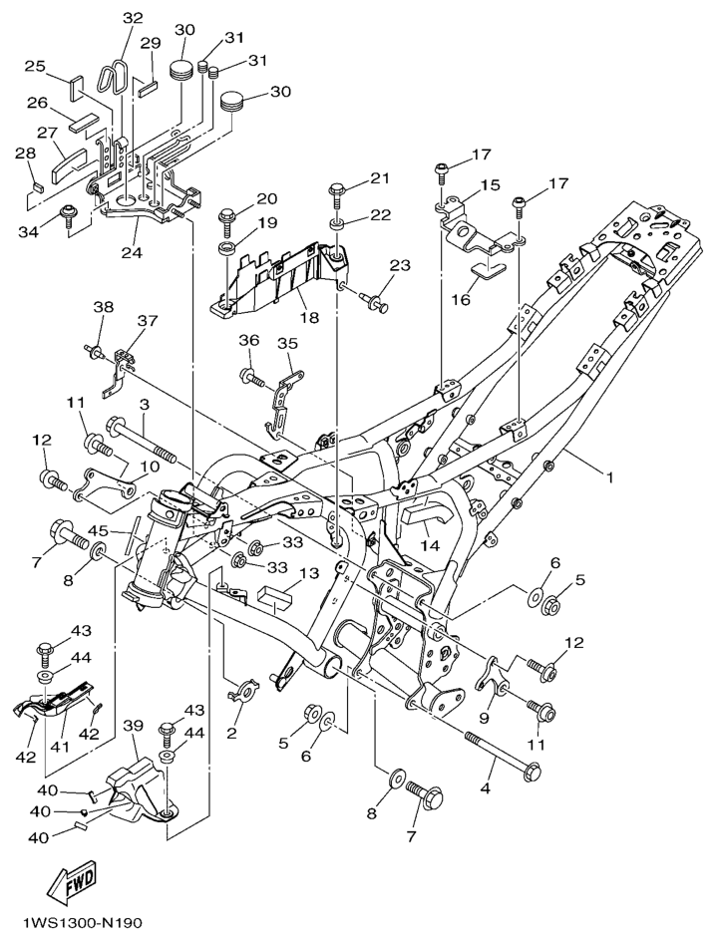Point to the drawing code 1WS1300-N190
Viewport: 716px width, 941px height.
click(78, 922)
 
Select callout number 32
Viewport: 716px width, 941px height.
click(133, 18)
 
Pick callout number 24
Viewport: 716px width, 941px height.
click(131, 252)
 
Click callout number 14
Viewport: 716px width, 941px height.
click(431, 545)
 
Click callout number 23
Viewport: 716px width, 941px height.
click(400, 265)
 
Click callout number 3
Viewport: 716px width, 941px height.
click(145, 404)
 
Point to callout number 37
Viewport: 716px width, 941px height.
click(148, 321)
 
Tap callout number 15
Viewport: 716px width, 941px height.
click(490, 186)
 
